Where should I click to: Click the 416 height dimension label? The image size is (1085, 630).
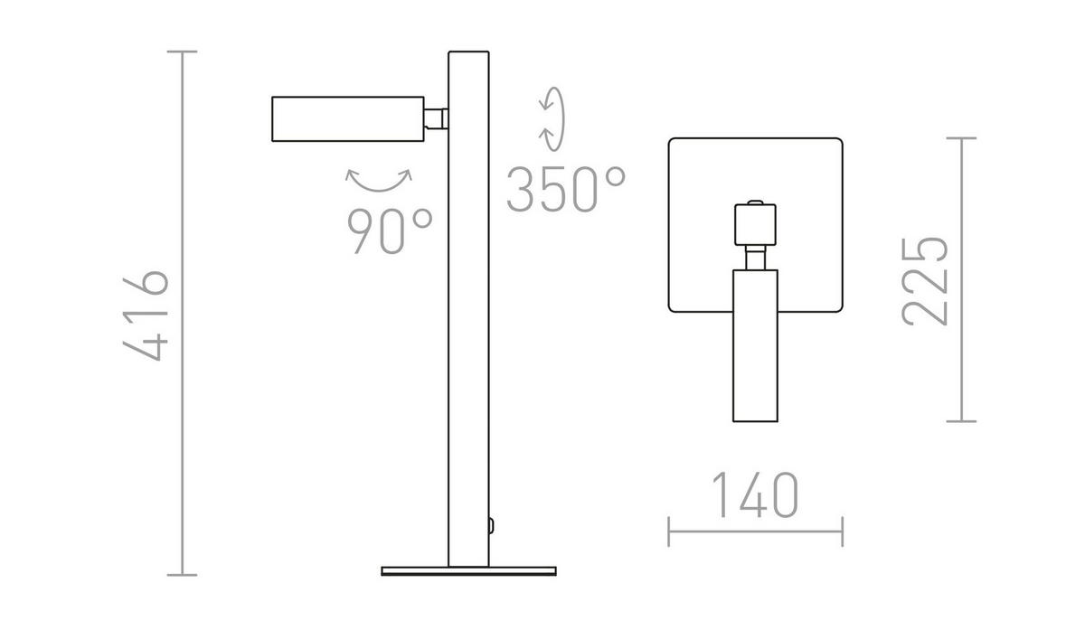[x=145, y=315]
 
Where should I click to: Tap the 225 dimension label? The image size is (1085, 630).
[x=924, y=281]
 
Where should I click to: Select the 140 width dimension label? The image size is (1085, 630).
[x=755, y=494]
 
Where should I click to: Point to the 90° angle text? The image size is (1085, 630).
[x=390, y=231]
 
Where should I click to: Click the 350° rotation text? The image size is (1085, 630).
[x=566, y=189]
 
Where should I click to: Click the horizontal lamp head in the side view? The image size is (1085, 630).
[x=348, y=119]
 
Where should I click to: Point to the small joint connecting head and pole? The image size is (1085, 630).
[x=436, y=119]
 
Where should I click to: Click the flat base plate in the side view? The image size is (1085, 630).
[x=469, y=571]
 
